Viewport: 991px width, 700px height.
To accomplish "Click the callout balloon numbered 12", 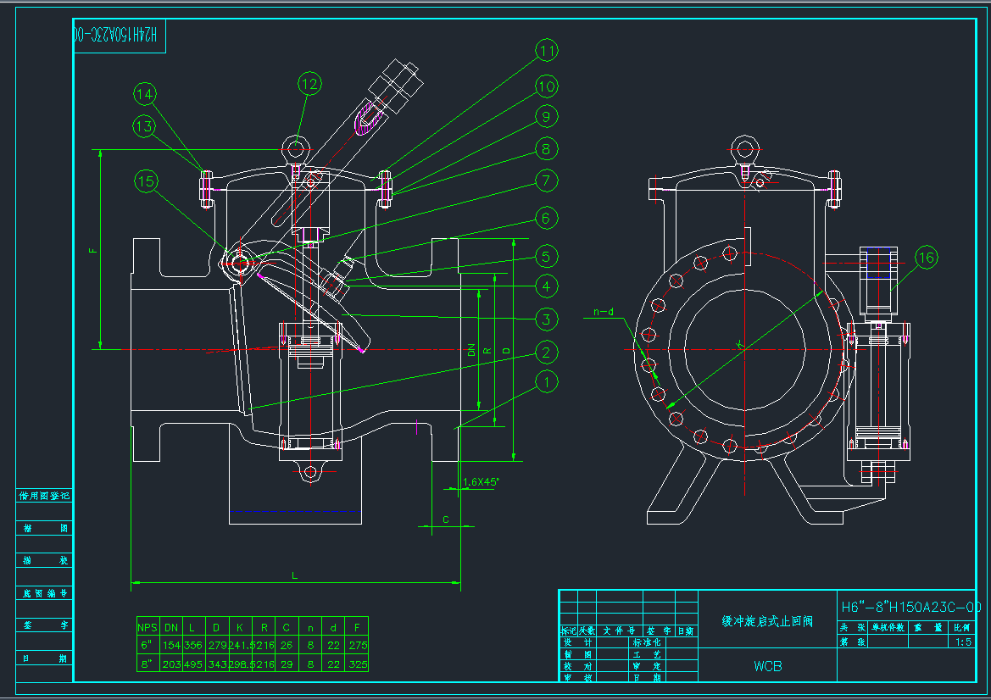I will click(309, 83).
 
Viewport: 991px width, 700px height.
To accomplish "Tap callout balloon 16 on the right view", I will click(927, 258).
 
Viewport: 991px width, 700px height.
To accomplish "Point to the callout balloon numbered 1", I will click(547, 382).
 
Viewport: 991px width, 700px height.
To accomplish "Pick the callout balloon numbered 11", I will click(547, 52).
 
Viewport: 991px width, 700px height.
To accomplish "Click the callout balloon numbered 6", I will click(547, 219).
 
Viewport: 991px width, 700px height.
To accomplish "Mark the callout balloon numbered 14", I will click(145, 94).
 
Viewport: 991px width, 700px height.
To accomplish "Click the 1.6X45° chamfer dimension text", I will click(481, 482).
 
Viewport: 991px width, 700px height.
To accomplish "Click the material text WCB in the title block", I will click(768, 665).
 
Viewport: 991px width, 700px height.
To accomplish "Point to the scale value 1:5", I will click(963, 642).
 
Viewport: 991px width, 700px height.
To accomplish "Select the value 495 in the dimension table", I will click(192, 664).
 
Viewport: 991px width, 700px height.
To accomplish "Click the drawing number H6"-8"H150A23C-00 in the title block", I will click(910, 607).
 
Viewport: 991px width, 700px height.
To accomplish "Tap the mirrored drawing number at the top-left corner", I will click(119, 35).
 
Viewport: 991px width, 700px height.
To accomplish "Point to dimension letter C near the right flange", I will click(446, 519).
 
